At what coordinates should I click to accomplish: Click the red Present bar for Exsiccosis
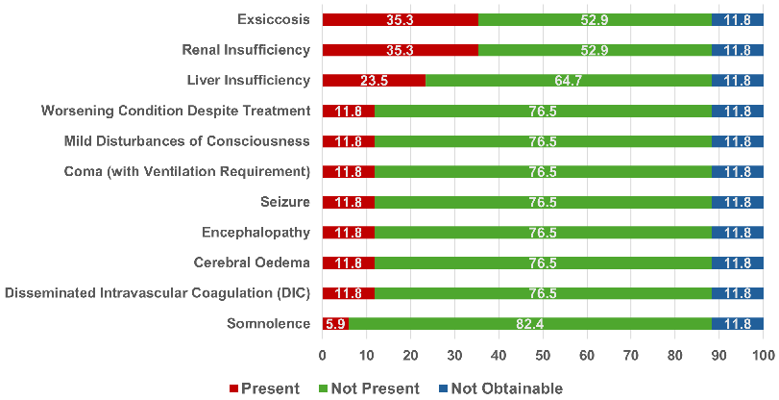400,19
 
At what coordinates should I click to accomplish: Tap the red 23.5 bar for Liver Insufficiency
374,81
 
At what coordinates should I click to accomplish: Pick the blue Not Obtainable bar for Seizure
738,202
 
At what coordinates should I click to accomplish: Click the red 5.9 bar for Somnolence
335,324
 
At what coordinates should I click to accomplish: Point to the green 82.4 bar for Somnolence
530,324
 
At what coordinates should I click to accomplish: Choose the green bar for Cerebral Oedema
543,262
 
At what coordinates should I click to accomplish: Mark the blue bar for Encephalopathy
738,233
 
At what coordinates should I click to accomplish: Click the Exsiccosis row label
274,19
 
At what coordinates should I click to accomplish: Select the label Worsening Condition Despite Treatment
176,111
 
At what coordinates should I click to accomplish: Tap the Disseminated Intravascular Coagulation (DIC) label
158,293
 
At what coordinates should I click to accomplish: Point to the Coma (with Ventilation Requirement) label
186,172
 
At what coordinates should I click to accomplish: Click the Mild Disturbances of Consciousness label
187,141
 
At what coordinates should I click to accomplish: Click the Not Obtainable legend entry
499,388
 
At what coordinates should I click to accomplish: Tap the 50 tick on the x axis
543,355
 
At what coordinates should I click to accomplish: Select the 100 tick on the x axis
763,355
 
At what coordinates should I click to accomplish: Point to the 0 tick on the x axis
323,355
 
